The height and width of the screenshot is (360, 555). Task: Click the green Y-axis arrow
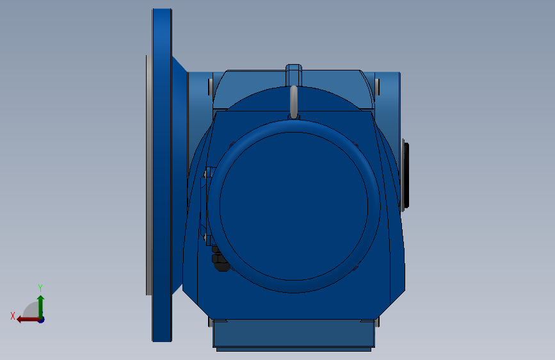(40, 305)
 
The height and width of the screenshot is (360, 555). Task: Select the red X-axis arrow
(26, 319)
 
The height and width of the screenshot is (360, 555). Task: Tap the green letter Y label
(40, 288)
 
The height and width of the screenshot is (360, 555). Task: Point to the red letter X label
(12, 316)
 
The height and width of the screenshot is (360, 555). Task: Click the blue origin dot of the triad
(41, 319)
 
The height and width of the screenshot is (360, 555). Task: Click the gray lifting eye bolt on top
(294, 101)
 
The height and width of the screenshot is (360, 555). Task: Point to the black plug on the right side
(405, 176)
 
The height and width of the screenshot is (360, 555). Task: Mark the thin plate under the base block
(293, 349)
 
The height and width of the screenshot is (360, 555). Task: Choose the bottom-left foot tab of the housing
(218, 320)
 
